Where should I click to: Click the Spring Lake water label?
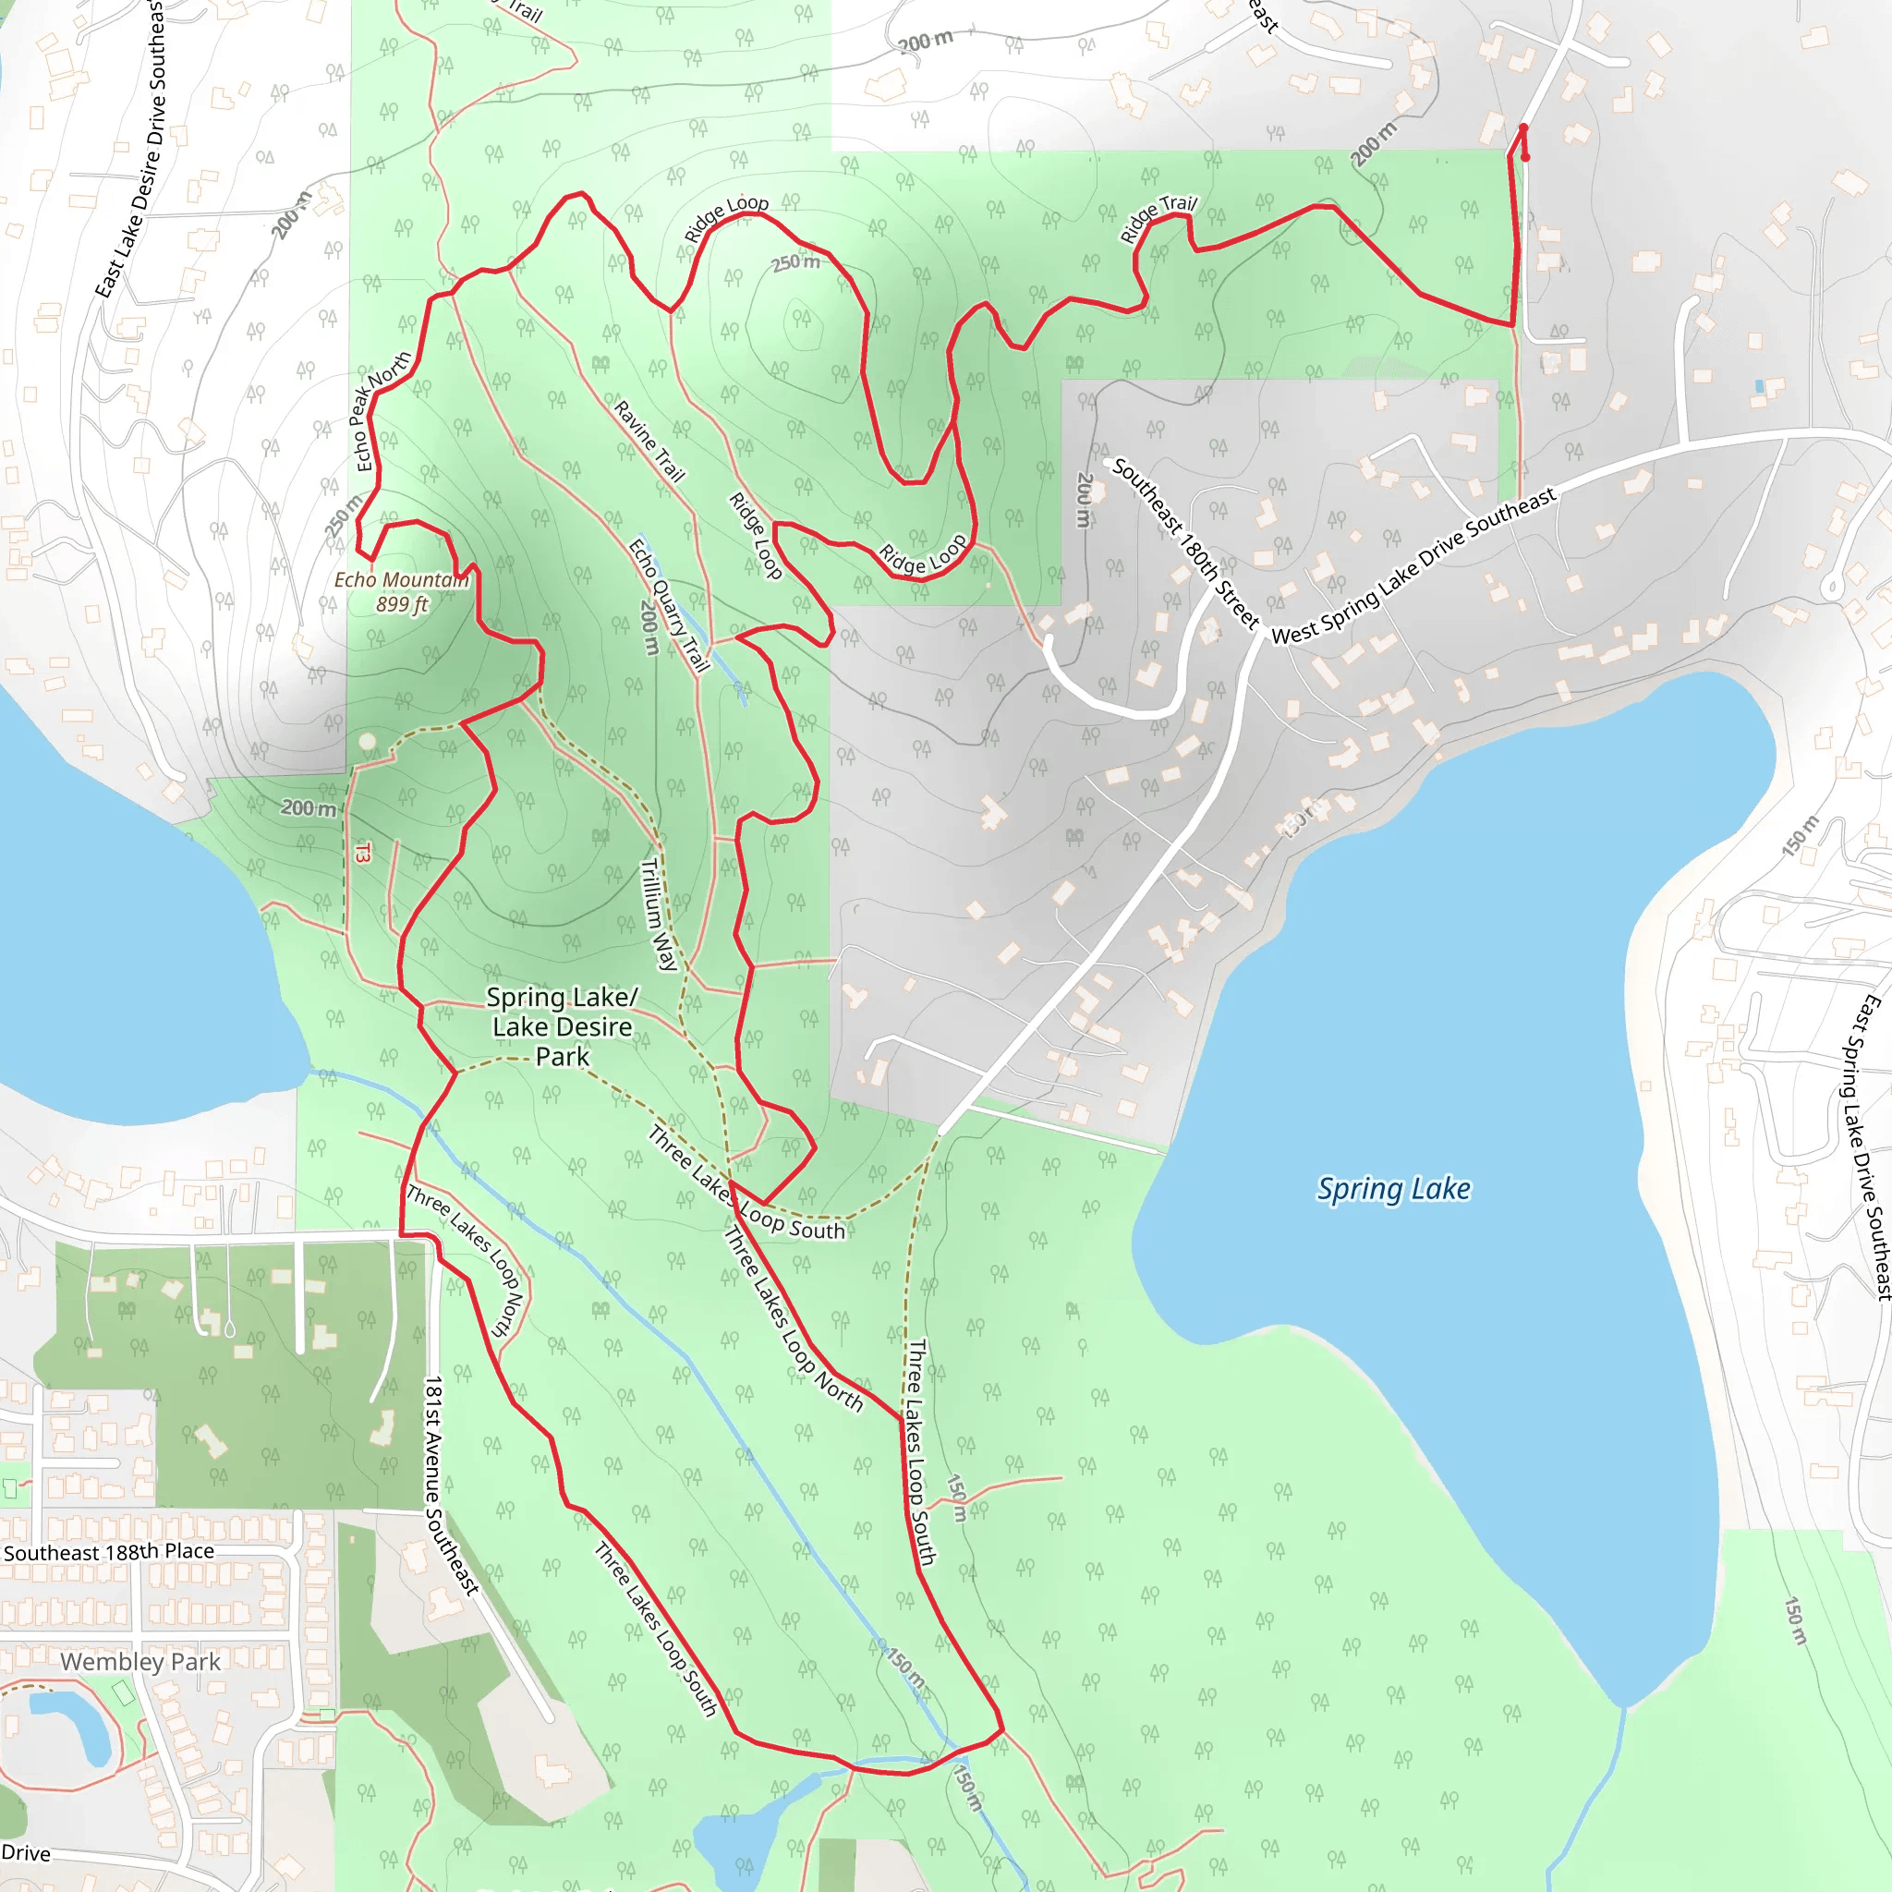pyautogui.click(x=1392, y=1189)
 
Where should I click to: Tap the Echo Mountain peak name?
pyautogui.click(x=402, y=580)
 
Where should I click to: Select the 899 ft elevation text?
pyautogui.click(x=402, y=604)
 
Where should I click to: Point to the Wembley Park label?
pyautogui.click(x=140, y=1662)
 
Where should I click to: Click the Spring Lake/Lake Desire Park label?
pyautogui.click(x=562, y=1026)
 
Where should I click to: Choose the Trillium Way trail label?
pyautogui.click(x=658, y=913)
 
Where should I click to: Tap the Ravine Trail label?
pyautogui.click(x=649, y=441)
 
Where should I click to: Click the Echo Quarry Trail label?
pyautogui.click(x=669, y=604)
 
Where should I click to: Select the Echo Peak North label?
pyautogui.click(x=382, y=411)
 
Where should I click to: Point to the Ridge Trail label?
pyautogui.click(x=1158, y=217)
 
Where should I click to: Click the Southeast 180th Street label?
pyautogui.click(x=1185, y=542)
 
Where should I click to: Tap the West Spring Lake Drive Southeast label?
pyautogui.click(x=1413, y=566)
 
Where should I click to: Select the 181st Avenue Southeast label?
pyautogui.click(x=451, y=1485)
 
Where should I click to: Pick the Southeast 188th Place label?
pyautogui.click(x=109, y=1552)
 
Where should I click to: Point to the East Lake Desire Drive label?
pyautogui.click(x=130, y=147)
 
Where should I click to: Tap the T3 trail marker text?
pyautogui.click(x=362, y=853)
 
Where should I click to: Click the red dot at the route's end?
pyautogui.click(x=1524, y=157)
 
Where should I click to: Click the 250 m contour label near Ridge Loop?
pyautogui.click(x=794, y=262)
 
